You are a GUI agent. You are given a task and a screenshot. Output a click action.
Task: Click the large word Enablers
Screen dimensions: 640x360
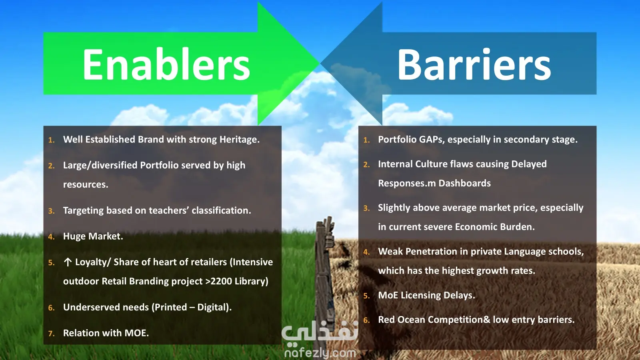coord(166,64)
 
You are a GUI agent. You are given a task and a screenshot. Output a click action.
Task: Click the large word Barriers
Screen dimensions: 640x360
coord(474,64)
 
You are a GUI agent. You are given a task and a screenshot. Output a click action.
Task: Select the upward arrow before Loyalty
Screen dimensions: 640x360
coord(68,262)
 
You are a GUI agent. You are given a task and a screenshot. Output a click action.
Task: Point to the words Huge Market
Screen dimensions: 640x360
coord(93,236)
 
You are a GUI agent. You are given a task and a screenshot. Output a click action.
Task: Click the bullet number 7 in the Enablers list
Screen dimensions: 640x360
coord(51,334)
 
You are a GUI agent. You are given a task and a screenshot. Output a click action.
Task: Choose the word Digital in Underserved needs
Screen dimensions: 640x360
coord(214,308)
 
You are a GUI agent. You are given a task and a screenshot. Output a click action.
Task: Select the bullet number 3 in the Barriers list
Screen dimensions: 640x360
coord(366,208)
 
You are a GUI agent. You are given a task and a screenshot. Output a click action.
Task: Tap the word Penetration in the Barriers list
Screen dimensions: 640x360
coord(431,252)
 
